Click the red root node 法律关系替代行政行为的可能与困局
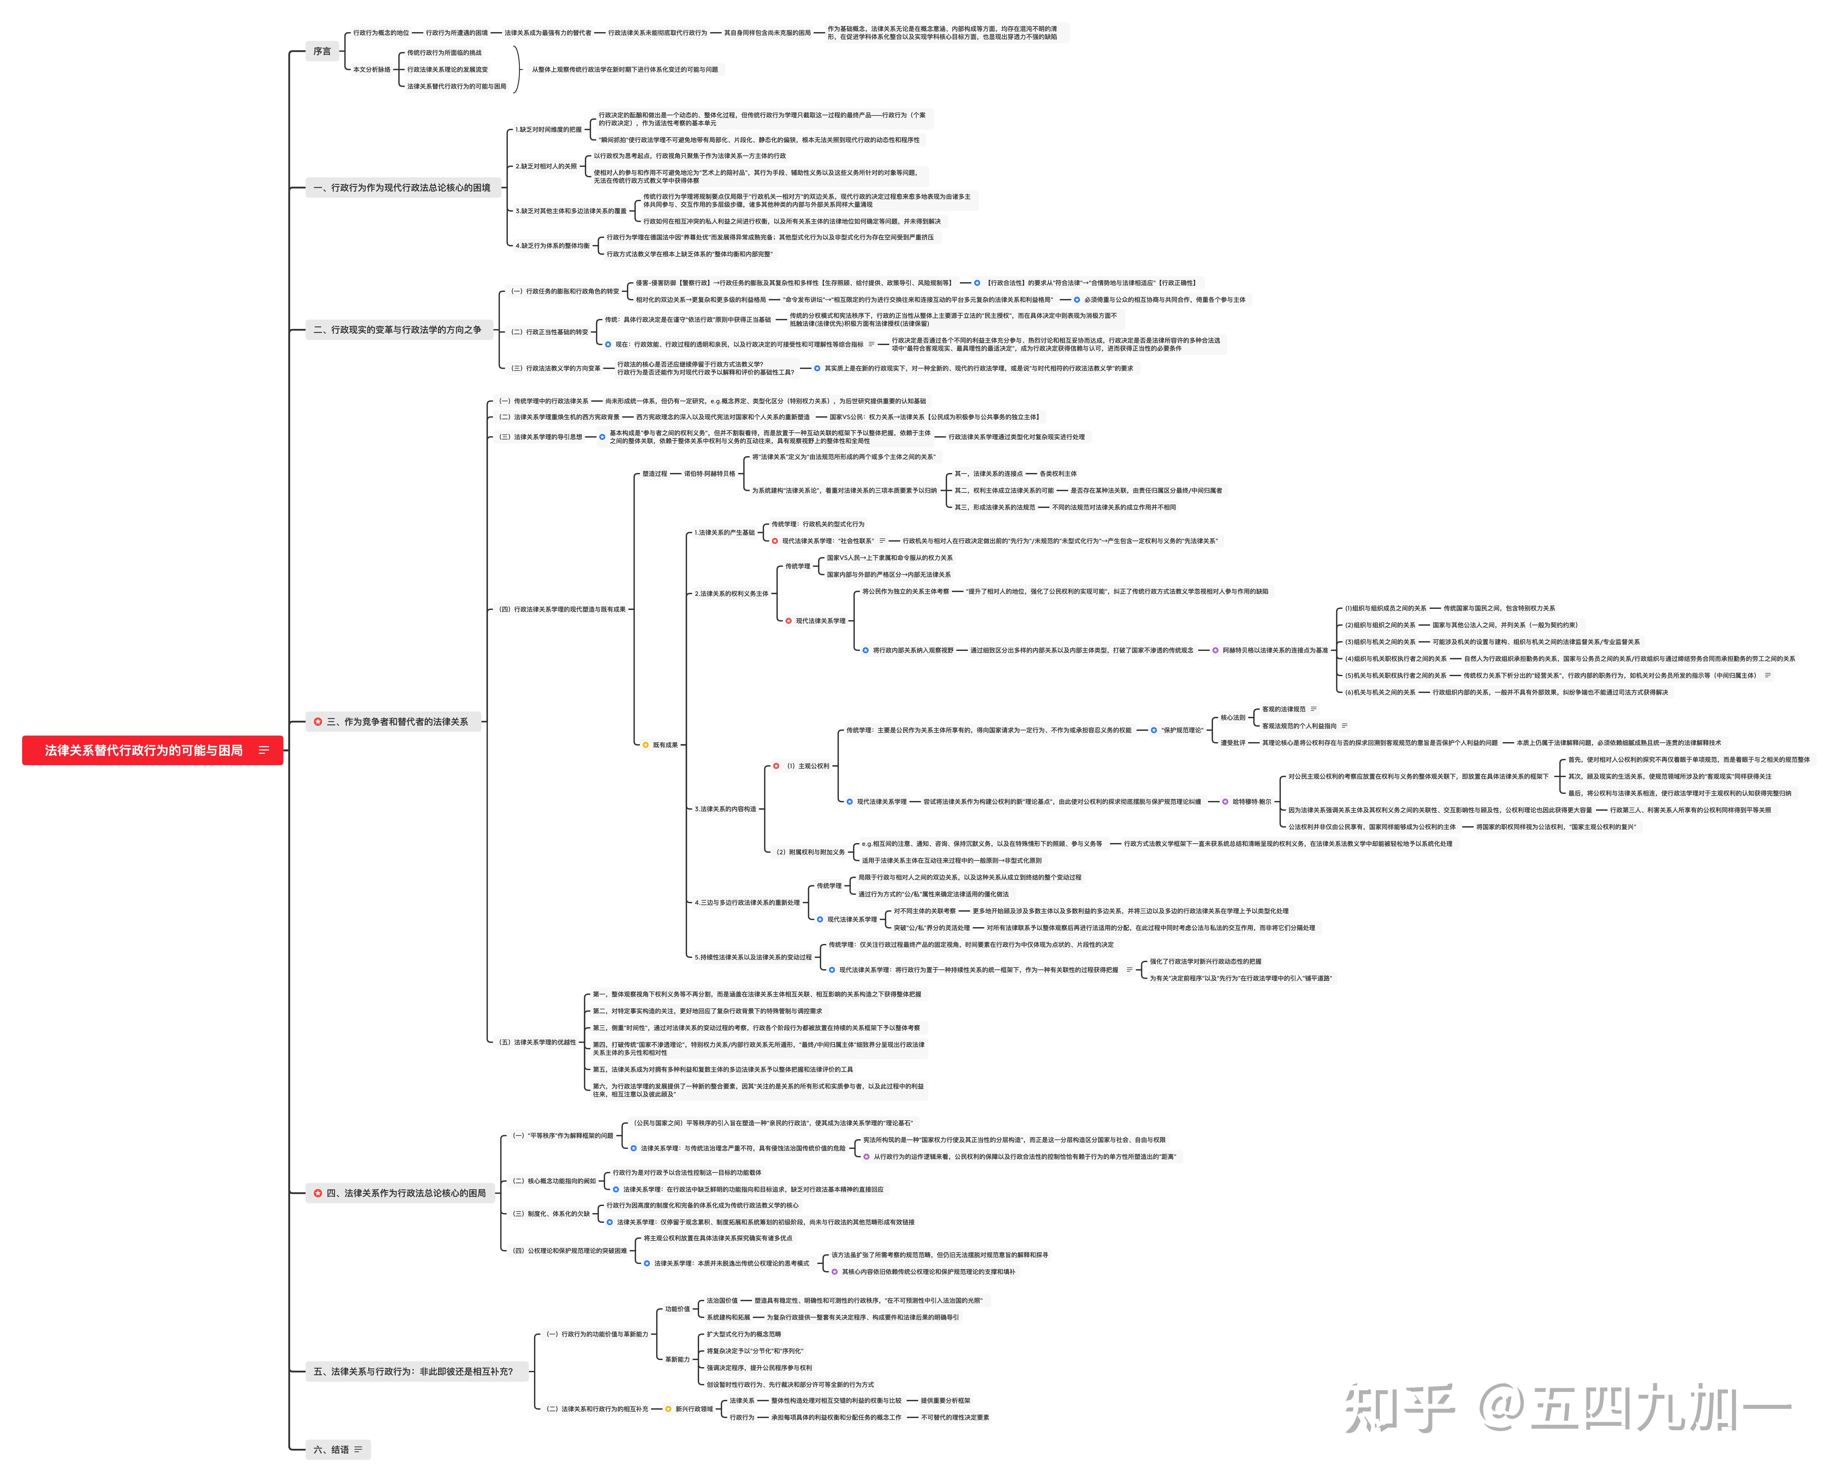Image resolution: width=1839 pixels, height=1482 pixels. click(x=143, y=750)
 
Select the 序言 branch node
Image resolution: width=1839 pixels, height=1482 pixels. click(x=322, y=51)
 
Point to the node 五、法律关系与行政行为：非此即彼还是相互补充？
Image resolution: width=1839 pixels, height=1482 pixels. click(x=413, y=1371)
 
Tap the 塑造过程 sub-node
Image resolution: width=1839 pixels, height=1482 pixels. click(x=655, y=474)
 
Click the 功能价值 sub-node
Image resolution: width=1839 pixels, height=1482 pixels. click(x=678, y=1309)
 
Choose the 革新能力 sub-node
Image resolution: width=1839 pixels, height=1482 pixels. click(x=678, y=1359)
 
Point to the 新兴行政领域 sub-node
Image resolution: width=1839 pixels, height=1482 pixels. click(x=694, y=1409)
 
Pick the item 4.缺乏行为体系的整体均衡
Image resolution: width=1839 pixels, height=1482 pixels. click(x=552, y=246)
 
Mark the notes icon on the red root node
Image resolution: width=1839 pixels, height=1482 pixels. click(x=264, y=750)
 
